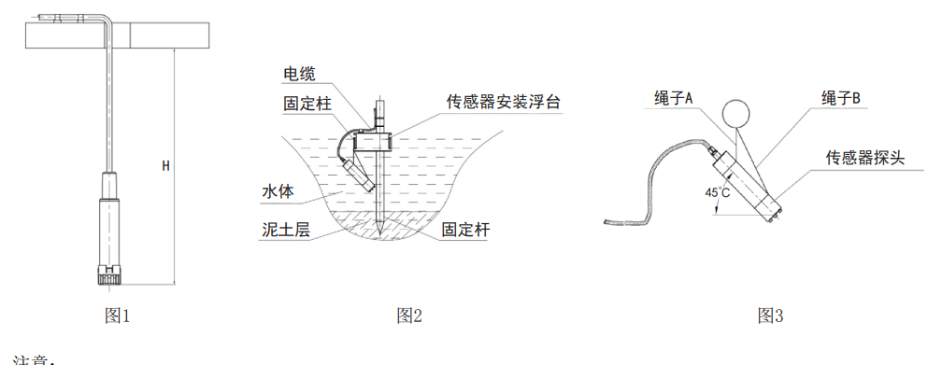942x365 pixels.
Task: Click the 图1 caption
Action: (x=117, y=316)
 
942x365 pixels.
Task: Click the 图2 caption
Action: (x=410, y=316)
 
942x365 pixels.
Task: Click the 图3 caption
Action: (x=770, y=316)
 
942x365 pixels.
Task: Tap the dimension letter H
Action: (x=165, y=166)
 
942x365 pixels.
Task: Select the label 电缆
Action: (x=299, y=74)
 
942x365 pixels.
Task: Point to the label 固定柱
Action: (x=307, y=104)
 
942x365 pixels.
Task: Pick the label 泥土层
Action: (x=285, y=228)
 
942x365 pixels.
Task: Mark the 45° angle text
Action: (x=718, y=193)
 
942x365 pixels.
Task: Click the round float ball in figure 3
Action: (x=737, y=113)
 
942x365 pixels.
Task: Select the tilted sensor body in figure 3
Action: (x=747, y=182)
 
